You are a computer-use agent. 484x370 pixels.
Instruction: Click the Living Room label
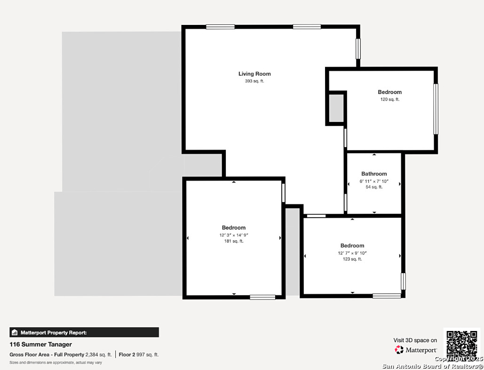254,74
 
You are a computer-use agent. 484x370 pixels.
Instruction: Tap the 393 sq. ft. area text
254,81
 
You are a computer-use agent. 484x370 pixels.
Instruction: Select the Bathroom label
374,174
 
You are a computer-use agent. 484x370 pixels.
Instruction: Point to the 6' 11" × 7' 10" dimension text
374,181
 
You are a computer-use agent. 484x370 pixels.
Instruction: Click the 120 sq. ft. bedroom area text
390,99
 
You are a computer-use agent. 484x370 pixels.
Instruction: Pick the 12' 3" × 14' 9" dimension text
234,235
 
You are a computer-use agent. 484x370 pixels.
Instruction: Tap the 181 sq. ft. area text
234,241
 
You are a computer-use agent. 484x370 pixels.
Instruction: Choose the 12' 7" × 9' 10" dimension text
352,253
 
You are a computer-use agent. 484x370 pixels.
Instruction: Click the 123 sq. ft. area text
352,259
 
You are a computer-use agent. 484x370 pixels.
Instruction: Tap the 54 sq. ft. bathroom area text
374,187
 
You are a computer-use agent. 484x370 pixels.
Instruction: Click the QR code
462,344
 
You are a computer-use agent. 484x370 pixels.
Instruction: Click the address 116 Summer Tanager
41,345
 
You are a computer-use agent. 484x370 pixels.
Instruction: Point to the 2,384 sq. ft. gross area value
98,355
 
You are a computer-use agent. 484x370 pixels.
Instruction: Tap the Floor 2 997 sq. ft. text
139,355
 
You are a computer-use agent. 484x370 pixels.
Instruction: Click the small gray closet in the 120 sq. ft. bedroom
336,108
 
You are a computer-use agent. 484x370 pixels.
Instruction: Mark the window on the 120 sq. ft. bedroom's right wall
436,109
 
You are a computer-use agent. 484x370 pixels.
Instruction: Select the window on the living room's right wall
358,48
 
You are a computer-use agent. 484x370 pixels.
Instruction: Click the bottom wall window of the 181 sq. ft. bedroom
262,297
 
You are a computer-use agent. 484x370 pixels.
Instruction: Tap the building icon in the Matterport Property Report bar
15,332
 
